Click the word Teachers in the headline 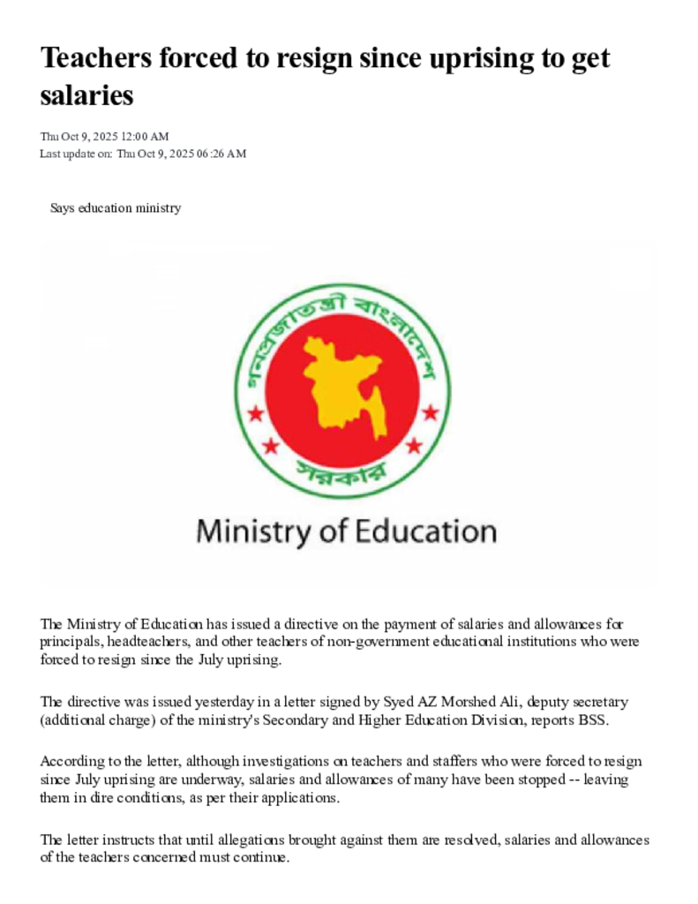94,59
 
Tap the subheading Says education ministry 116,208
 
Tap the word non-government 371,642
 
